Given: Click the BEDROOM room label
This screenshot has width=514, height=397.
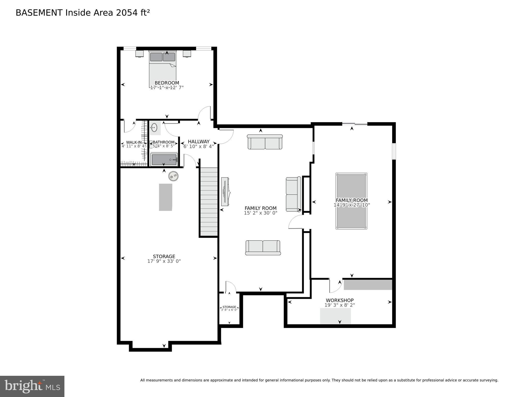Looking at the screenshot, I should pos(167,83).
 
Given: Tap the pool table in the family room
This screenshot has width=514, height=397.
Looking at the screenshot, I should pos(351,201).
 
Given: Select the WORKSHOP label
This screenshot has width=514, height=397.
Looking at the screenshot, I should pos(340,300).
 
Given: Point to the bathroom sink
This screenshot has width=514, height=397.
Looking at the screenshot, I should pos(154,128).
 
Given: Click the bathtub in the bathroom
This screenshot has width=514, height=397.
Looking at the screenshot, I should pos(164,160).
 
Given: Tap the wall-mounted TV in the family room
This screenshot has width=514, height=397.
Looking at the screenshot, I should pos(225,192).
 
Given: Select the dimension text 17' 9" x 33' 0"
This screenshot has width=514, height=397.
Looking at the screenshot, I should pos(164,261).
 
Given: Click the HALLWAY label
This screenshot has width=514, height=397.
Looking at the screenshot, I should pos(199,141).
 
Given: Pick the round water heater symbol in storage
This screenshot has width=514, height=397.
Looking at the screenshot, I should pos(173,176).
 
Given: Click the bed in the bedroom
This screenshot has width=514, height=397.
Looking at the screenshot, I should pos(162,69).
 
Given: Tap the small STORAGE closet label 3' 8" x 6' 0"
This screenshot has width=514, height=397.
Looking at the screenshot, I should pos(229,308).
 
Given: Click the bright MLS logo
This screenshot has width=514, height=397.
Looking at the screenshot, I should pos(32,386).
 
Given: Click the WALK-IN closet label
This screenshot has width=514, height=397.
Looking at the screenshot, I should pos(134,142).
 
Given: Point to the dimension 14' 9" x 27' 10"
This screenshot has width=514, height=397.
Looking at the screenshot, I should pos(352,205).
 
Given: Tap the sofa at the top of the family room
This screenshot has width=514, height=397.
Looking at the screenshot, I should pos(265,142).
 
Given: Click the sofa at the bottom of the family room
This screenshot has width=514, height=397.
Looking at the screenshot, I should pos(263,248).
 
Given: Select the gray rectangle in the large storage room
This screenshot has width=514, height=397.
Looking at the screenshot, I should pos(166,197).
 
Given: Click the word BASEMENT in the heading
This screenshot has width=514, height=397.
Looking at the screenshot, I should pos(39,13).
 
